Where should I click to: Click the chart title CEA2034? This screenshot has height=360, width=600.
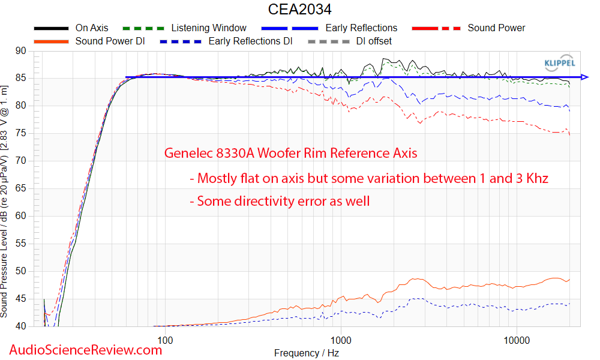[x=299, y=10]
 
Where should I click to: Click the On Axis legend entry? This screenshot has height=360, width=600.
[x=91, y=28]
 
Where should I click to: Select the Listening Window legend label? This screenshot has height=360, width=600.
[x=208, y=28]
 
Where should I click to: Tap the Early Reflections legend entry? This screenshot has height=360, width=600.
[x=361, y=28]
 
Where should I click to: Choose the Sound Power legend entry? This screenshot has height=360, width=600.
[x=496, y=28]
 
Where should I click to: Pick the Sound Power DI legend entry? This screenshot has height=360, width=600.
[x=110, y=41]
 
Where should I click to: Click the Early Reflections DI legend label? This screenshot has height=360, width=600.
[x=250, y=41]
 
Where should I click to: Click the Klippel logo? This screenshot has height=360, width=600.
[x=559, y=62]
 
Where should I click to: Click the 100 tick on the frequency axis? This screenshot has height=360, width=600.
[x=165, y=340]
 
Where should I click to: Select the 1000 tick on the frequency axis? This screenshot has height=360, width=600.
[x=341, y=340]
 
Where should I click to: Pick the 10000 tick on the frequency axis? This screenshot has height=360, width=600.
[x=517, y=340]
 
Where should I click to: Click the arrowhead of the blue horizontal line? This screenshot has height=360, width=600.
[x=585, y=77]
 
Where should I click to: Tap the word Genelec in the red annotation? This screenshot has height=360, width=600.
[x=186, y=154]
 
